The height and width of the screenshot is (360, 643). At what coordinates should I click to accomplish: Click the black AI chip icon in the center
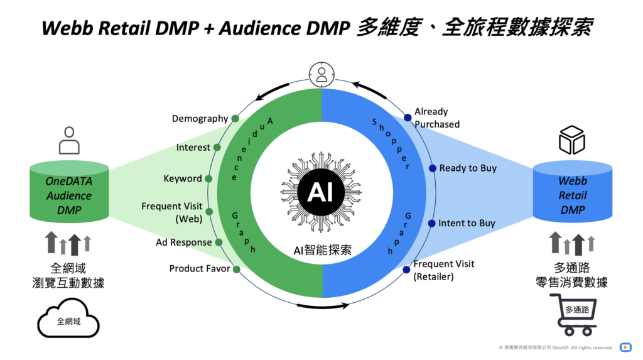pyautogui.click(x=321, y=192)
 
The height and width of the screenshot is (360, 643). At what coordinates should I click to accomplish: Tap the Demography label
pyautogui.click(x=200, y=119)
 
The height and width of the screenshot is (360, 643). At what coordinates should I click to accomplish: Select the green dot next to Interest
pyautogui.click(x=217, y=148)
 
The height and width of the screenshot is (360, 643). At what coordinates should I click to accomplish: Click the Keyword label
pyautogui.click(x=183, y=178)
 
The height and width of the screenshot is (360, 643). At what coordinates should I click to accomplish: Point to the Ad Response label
pyautogui.click(x=184, y=242)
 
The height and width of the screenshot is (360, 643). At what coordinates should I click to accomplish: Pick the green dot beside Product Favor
pyautogui.click(x=237, y=270)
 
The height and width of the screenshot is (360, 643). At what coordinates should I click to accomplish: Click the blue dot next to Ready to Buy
pyautogui.click(x=432, y=168)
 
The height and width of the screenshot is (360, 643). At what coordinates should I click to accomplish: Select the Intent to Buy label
pyautogui.click(x=467, y=223)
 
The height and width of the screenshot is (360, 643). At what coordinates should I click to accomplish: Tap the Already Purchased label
pyautogui.click(x=437, y=118)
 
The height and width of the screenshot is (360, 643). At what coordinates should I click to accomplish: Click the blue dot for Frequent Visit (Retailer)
pyautogui.click(x=406, y=270)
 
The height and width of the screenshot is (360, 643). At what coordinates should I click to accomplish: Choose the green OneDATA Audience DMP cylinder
pyautogui.click(x=69, y=192)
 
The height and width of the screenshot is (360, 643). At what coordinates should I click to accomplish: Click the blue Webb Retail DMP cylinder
pyautogui.click(x=573, y=191)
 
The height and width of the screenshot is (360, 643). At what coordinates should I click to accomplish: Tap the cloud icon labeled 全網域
pyautogui.click(x=68, y=319)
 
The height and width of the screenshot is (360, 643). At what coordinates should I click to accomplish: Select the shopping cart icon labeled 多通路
pyautogui.click(x=574, y=314)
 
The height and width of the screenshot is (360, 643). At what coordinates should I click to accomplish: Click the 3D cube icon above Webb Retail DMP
pyautogui.click(x=572, y=140)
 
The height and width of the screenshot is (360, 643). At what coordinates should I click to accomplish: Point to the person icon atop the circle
pyautogui.click(x=321, y=74)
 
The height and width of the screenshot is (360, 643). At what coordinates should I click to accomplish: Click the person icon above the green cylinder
pyautogui.click(x=69, y=140)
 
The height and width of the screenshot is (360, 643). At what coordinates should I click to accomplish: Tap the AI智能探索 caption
pyautogui.click(x=322, y=250)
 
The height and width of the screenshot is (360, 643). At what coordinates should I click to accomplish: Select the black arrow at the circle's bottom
pyautogui.click(x=323, y=306)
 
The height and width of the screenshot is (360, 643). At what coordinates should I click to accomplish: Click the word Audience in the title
pyautogui.click(x=260, y=28)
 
